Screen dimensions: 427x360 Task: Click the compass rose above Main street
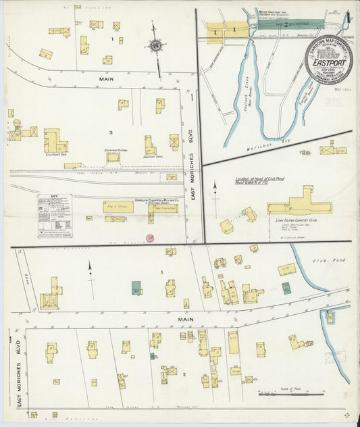pyautogui.click(x=155, y=46)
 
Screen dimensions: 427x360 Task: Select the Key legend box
pyautogui.click(x=55, y=216)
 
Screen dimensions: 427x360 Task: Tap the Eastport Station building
pyautogui.click(x=113, y=157)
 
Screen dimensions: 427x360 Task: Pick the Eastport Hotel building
pyautogui.click(x=150, y=145)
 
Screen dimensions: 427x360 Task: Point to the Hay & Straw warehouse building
pyautogui.click(x=118, y=207)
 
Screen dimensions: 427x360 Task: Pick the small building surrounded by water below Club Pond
pyautogui.click(x=330, y=317)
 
